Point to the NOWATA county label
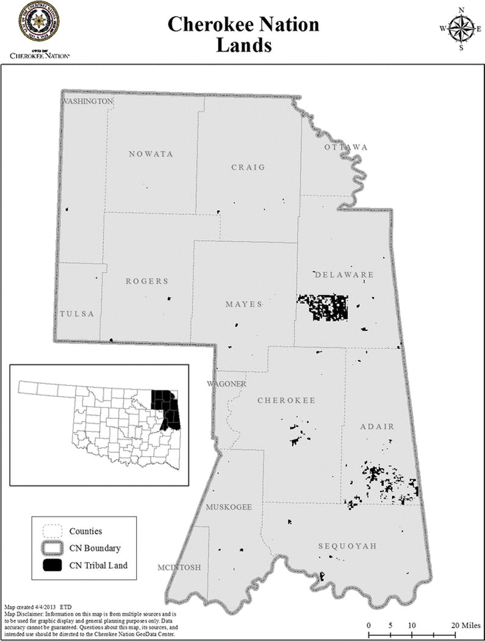point(151,154)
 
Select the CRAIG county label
point(248,167)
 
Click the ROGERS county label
point(147,281)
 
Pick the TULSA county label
point(77,314)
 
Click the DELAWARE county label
point(343,275)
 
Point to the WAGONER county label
point(226,384)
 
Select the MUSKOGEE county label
point(229,507)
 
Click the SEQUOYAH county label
point(347,546)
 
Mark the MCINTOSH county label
point(179,567)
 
